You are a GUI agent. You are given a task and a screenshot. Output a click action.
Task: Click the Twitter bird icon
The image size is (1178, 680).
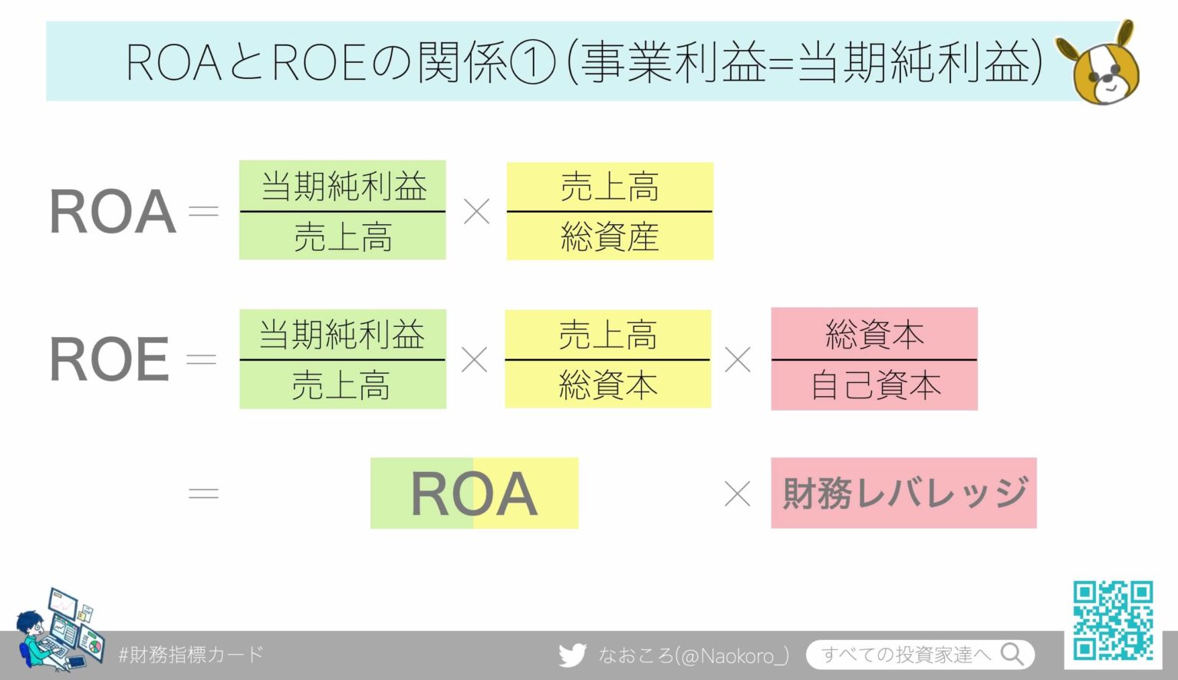[572, 655]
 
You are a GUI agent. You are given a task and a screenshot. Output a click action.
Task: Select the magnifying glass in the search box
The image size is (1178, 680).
[1012, 654]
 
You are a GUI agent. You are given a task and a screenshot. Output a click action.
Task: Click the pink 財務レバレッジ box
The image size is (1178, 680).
[903, 493]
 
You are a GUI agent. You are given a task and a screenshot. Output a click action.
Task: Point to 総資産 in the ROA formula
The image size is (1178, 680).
[610, 236]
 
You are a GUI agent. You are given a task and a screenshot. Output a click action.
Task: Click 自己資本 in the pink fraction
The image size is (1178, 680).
[875, 385]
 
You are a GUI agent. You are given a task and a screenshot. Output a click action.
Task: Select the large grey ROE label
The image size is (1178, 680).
[109, 359]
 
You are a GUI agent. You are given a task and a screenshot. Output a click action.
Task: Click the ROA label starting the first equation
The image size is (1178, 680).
[112, 212]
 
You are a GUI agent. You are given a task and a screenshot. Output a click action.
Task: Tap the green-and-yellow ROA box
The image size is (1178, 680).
[474, 493]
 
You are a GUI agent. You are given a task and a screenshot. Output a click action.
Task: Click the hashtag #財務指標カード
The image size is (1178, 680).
[191, 655]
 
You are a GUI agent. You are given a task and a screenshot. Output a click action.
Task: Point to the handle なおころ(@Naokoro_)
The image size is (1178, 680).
[693, 655]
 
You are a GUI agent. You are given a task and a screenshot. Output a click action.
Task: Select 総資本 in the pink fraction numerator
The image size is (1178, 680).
[874, 335]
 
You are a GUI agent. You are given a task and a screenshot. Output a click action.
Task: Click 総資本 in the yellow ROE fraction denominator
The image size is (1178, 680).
[607, 385]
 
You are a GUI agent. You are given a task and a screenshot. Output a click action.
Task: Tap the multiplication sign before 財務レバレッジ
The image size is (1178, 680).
[737, 493]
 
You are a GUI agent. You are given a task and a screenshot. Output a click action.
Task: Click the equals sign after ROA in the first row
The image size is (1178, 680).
[203, 211]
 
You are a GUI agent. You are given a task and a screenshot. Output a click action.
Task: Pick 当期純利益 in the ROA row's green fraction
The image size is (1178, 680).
[343, 187]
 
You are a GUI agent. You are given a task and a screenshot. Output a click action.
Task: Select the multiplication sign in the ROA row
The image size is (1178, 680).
[476, 211]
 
